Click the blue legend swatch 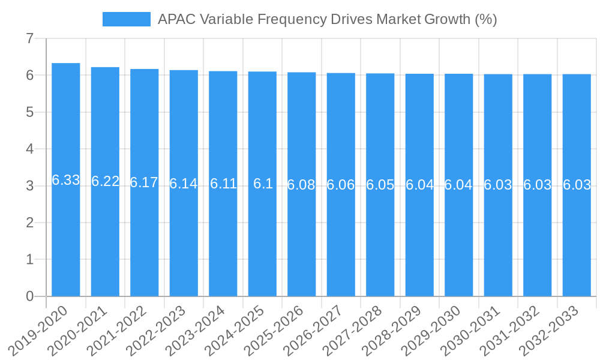pos(126,19)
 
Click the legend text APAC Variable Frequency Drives pos(327,19)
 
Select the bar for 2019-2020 pos(66,179)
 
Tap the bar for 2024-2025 pos(262,184)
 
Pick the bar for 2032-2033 pos(577,185)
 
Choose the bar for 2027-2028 pos(380,184)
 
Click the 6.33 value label pos(66,180)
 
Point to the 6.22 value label pos(105,181)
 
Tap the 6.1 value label pos(263,184)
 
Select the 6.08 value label pos(301,185)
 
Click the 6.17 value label pos(144,182)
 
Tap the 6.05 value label pos(380,185)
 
